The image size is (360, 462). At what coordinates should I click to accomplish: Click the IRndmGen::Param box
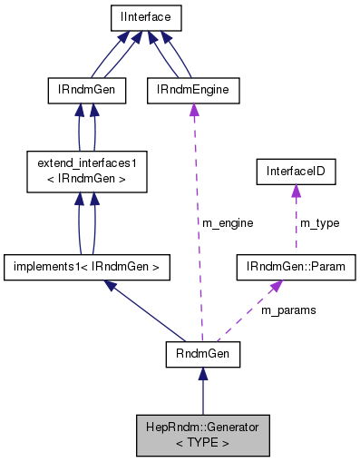295,267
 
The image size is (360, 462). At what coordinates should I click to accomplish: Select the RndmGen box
201,355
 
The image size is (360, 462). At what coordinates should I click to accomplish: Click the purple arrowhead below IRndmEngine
192,109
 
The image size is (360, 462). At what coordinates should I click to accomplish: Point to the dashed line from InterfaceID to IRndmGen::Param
295,227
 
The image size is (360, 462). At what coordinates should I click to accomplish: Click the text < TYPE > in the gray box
201,443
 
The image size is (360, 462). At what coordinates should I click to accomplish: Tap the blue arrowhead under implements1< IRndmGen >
110,285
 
